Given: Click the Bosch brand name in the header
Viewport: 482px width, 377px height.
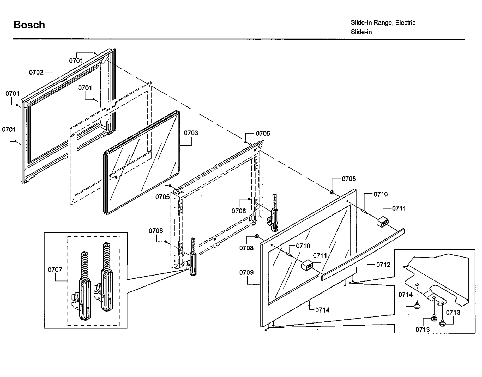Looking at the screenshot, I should click(x=29, y=25).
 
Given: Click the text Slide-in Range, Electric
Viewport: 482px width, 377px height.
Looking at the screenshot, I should click(x=383, y=23).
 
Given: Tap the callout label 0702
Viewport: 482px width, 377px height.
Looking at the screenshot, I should click(x=36, y=72).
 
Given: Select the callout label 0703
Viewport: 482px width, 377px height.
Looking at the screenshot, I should click(x=191, y=133).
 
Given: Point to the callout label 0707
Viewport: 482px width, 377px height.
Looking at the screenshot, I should click(x=55, y=269).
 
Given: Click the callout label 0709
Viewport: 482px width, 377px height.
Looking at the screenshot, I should click(x=246, y=273).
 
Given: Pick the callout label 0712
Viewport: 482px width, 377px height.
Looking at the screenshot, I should click(x=383, y=265).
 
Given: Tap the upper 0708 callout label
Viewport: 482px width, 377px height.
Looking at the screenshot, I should click(x=349, y=179).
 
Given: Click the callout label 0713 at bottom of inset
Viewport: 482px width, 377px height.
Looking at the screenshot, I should click(x=423, y=329).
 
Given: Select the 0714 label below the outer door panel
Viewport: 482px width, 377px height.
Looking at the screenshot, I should click(x=322, y=310).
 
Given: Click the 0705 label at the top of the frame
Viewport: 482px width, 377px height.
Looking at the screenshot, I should click(x=263, y=133).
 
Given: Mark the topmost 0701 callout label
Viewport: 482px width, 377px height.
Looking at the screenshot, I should click(x=76, y=60).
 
